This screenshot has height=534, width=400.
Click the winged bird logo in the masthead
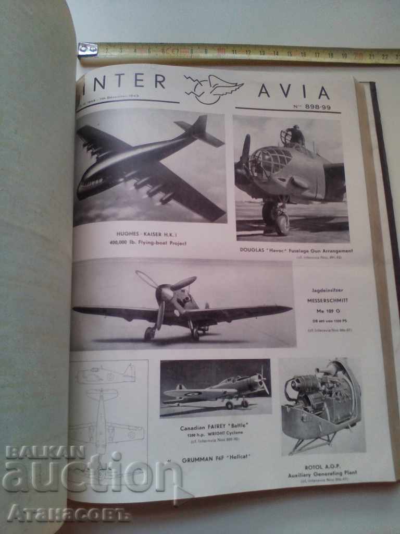point(213,88)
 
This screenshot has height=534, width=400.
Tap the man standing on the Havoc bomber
point(296,136)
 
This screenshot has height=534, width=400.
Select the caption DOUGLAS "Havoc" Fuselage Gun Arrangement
point(296,250)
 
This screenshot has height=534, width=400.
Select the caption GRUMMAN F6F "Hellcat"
point(216,458)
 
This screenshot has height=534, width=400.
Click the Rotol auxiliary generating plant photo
point(321,405)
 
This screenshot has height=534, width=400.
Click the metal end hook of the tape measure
point(87,50)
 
